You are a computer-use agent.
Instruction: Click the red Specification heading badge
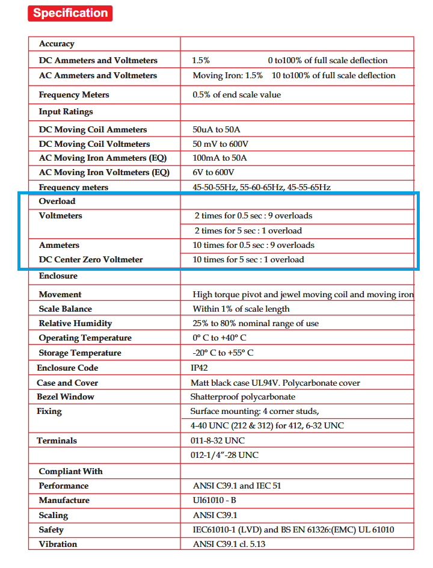coord(70,13)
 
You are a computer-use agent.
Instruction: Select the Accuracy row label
coord(57,44)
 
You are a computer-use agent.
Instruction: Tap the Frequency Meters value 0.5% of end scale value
coord(236,95)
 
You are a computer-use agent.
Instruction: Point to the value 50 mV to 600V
coord(221,144)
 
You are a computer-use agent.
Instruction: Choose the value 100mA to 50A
coord(220,158)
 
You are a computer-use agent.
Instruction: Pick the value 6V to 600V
coord(213,173)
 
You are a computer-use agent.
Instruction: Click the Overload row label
coord(57,202)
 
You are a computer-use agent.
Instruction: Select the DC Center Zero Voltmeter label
coord(91,260)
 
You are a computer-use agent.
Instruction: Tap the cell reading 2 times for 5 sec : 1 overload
coord(248,231)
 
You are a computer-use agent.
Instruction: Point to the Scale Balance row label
coord(66,309)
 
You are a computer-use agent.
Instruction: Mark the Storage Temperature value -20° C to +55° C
coord(223,353)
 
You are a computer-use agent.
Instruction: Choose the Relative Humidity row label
coord(75,324)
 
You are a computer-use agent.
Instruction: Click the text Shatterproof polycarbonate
coord(243,397)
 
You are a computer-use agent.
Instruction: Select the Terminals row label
coord(57,441)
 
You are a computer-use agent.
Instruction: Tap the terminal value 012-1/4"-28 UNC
coord(224,455)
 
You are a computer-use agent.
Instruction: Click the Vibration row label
coord(58,545)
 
